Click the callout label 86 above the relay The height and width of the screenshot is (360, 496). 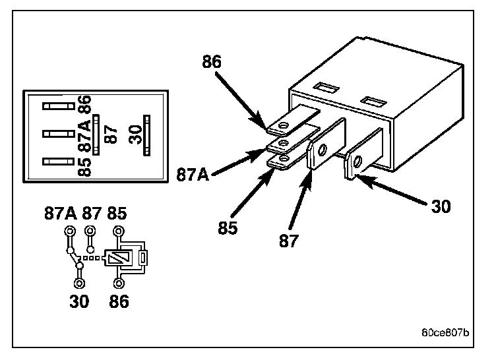point(212,63)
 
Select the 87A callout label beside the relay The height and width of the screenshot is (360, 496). point(193,175)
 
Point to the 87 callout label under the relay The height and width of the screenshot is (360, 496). point(288,240)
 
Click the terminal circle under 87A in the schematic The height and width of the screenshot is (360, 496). point(70,231)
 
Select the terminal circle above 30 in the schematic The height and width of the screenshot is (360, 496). point(79,283)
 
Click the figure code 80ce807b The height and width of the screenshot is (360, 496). point(445,332)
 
